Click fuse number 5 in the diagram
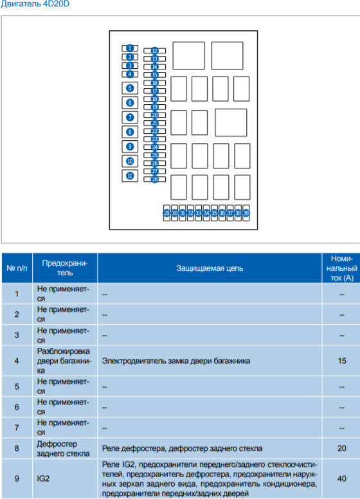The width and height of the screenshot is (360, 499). [130, 88]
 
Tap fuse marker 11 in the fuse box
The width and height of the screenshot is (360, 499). [130, 176]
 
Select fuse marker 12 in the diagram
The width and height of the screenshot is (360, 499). [154, 51]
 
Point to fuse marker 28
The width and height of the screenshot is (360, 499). [154, 179]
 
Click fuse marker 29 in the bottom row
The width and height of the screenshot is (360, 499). [166, 213]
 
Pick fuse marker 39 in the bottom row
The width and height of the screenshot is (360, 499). [246, 213]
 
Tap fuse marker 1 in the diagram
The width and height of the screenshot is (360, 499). [130, 48]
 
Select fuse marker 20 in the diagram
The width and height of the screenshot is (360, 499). [154, 115]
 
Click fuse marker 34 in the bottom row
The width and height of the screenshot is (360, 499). [206, 213]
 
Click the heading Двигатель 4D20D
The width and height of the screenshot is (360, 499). [35, 4]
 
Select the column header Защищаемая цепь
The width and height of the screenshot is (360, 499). [210, 268]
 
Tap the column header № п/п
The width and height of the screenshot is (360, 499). [17, 268]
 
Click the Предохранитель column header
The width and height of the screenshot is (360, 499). [65, 268]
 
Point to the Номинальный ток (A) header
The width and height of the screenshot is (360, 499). [342, 268]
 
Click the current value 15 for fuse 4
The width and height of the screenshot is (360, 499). [342, 361]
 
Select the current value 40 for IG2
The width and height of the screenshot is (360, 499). [342, 478]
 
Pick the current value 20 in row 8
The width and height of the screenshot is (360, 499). [342, 448]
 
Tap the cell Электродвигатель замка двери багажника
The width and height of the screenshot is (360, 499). [176, 361]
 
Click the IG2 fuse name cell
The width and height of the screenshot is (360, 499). [43, 478]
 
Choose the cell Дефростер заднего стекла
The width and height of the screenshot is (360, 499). [63, 448]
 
